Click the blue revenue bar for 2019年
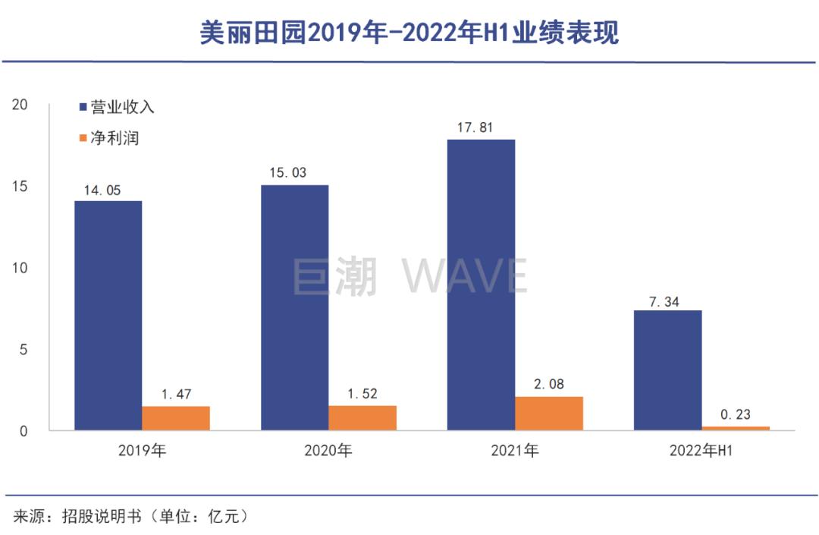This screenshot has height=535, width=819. [108, 316]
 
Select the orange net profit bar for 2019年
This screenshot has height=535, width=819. [176, 418]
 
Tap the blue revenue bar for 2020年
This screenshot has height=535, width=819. [294, 307]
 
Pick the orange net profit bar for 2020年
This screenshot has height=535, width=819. [362, 418]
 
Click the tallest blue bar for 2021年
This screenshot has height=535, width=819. [481, 285]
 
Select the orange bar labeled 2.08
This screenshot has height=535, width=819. [549, 414]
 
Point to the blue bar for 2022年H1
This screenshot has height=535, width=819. [667, 370]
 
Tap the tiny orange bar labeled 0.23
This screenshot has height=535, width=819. [736, 429]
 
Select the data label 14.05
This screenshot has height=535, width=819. [102, 190]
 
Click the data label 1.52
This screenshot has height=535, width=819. [362, 395]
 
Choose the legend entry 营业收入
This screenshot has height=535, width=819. [117, 107]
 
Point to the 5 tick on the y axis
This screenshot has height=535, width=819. [24, 350]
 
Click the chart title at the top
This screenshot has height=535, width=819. [409, 32]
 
